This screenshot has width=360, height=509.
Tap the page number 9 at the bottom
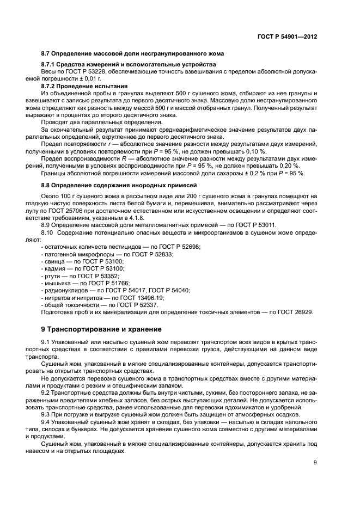[315, 463]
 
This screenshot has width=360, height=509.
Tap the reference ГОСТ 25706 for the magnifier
[86, 210]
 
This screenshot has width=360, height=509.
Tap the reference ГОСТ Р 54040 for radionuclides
[169, 291]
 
